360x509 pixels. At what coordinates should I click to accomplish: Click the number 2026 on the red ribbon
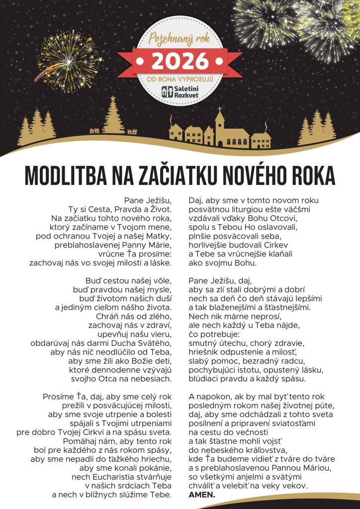tap(180, 60)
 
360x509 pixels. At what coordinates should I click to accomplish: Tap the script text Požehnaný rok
tap(180, 39)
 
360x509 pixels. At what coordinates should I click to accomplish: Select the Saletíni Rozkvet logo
tap(180, 90)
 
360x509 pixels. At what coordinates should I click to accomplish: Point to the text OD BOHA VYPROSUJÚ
tap(180, 79)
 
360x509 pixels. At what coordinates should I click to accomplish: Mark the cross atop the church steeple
tap(219, 108)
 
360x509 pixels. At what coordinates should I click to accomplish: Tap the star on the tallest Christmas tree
tap(113, 98)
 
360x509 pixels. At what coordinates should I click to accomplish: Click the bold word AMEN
tap(201, 495)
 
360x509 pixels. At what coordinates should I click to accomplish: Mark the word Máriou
tap(315, 468)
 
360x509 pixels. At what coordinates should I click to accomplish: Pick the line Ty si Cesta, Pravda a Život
tap(119, 209)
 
